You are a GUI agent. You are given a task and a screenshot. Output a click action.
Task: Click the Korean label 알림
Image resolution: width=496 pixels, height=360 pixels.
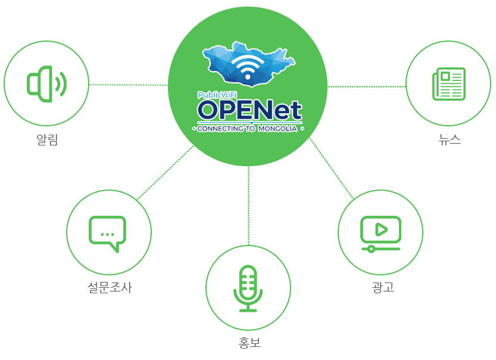pyautogui.click(x=47, y=140)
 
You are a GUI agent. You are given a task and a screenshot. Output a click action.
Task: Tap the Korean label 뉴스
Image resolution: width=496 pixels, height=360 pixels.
pyautogui.click(x=450, y=139)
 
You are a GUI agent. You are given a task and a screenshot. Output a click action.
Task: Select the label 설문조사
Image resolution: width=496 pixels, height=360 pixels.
pyautogui.click(x=109, y=288)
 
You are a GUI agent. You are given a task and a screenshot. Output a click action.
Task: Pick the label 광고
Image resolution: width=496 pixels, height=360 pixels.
pyautogui.click(x=383, y=287)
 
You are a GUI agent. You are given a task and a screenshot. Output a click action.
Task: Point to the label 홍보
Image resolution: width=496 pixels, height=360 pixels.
pyautogui.click(x=249, y=343)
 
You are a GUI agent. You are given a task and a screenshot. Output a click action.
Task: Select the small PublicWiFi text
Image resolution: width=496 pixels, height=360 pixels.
pyautogui.click(x=217, y=94)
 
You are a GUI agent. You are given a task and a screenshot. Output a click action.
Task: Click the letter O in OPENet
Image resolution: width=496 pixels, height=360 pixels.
pyautogui.click(x=210, y=110)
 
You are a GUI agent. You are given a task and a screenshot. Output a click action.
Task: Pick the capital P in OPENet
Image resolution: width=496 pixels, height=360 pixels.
pyautogui.click(x=233, y=110)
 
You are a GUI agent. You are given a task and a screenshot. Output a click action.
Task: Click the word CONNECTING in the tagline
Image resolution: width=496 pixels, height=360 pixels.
pyautogui.click(x=220, y=128)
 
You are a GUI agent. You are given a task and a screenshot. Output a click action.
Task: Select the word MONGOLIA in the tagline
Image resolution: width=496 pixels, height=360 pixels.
pyautogui.click(x=277, y=128)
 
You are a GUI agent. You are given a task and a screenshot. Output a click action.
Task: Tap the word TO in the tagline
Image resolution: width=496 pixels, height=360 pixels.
pyautogui.click(x=251, y=128)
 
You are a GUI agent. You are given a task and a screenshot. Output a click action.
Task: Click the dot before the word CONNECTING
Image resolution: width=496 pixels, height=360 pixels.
pyautogui.click(x=194, y=128)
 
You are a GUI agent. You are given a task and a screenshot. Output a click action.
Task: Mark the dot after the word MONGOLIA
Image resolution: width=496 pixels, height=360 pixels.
pyautogui.click(x=302, y=128)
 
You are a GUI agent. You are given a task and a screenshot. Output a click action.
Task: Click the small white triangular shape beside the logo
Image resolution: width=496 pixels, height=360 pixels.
pyautogui.click(x=171, y=128)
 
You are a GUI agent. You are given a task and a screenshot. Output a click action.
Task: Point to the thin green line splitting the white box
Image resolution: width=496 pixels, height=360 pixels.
pyautogui.click(x=248, y=185)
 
